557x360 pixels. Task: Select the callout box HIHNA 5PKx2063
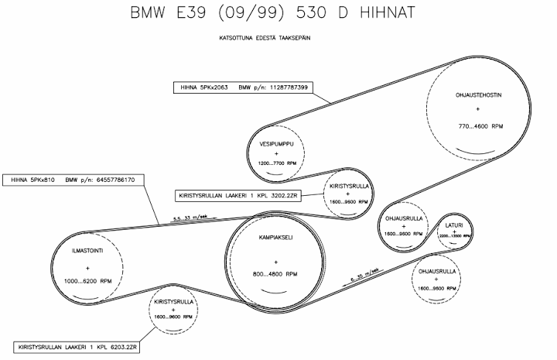tap(241, 87)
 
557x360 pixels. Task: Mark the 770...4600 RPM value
tap(480, 125)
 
